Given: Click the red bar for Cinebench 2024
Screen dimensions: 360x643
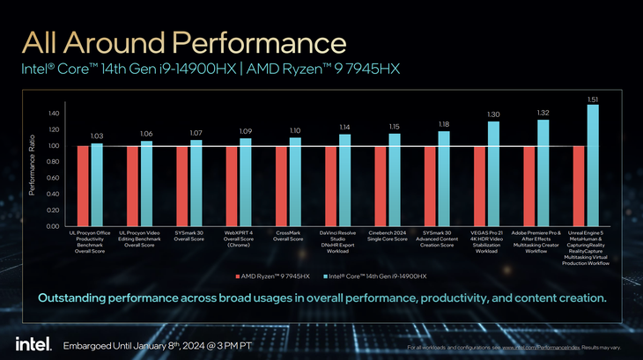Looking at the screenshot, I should tap(381, 186).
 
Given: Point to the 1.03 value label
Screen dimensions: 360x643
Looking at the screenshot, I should tap(98, 136).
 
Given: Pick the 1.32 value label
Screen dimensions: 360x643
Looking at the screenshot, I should tap(543, 113).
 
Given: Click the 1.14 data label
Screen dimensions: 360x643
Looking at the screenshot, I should tap(344, 127).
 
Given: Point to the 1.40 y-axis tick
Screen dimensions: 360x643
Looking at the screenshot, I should tap(53, 114).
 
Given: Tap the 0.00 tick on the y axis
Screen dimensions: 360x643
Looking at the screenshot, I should tap(53, 226).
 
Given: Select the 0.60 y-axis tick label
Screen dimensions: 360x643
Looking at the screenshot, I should tap(53, 178).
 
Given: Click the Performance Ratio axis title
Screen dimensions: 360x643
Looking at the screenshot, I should tap(33, 170).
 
